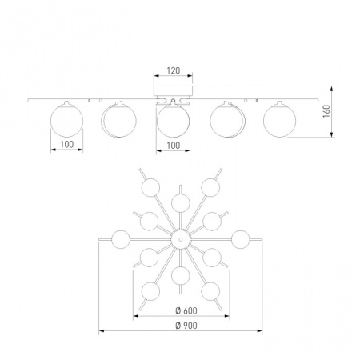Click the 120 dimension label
[174, 70]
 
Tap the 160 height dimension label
[326, 111]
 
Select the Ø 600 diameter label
[186, 310]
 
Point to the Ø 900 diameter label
[186, 326]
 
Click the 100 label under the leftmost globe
[67, 144]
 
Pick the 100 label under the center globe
[174, 146]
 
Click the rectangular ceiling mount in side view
[173, 90]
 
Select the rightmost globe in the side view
[279, 121]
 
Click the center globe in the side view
[174, 121]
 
